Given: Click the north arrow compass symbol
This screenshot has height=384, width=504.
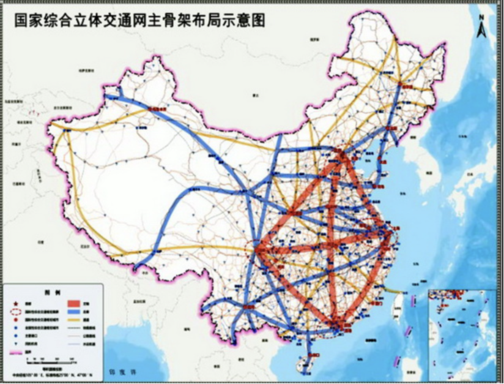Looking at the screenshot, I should (483, 28).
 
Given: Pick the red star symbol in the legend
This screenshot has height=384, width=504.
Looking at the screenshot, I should (15, 303).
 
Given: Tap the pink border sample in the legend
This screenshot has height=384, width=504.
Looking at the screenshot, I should (15, 353).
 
